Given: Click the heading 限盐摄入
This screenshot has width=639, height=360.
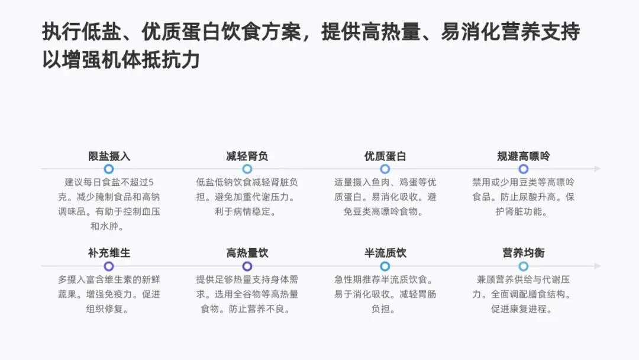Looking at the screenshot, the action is pyautogui.click(x=109, y=156).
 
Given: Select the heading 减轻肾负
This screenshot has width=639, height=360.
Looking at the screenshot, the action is pyautogui.click(x=247, y=156).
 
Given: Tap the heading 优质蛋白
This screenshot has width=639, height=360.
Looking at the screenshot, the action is pyautogui.click(x=385, y=156).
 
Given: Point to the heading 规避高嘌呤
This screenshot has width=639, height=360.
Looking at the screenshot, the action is pyautogui.click(x=524, y=156).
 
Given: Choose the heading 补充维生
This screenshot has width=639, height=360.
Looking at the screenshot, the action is pyautogui.click(x=109, y=253).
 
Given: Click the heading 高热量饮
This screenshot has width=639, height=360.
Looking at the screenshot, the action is pyautogui.click(x=247, y=253).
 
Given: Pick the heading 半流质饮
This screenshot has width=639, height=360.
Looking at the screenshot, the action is pyautogui.click(x=385, y=253).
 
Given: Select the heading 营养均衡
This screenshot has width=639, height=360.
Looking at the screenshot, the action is pyautogui.click(x=524, y=253).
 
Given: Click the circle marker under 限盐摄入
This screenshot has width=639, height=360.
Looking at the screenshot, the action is pyautogui.click(x=109, y=169).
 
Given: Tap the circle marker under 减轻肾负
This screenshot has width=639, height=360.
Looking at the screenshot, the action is pyautogui.click(x=247, y=169).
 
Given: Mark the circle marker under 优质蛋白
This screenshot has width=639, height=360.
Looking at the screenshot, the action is pyautogui.click(x=385, y=169).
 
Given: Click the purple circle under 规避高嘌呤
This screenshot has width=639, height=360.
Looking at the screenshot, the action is pyautogui.click(x=524, y=169).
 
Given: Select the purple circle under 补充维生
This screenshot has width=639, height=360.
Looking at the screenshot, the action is pyautogui.click(x=109, y=266).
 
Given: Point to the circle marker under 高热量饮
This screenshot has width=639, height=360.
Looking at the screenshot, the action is pyautogui.click(x=247, y=266).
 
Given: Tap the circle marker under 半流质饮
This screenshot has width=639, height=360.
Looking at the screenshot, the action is pyautogui.click(x=385, y=266).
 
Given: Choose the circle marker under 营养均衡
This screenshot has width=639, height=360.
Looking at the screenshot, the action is pyautogui.click(x=524, y=266).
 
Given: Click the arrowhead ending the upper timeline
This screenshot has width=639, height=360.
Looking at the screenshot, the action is pyautogui.click(x=598, y=169).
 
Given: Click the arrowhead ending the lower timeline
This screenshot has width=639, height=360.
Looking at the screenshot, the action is pyautogui.click(x=598, y=266).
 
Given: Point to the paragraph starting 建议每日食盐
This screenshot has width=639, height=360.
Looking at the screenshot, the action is pyautogui.click(x=109, y=204).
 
